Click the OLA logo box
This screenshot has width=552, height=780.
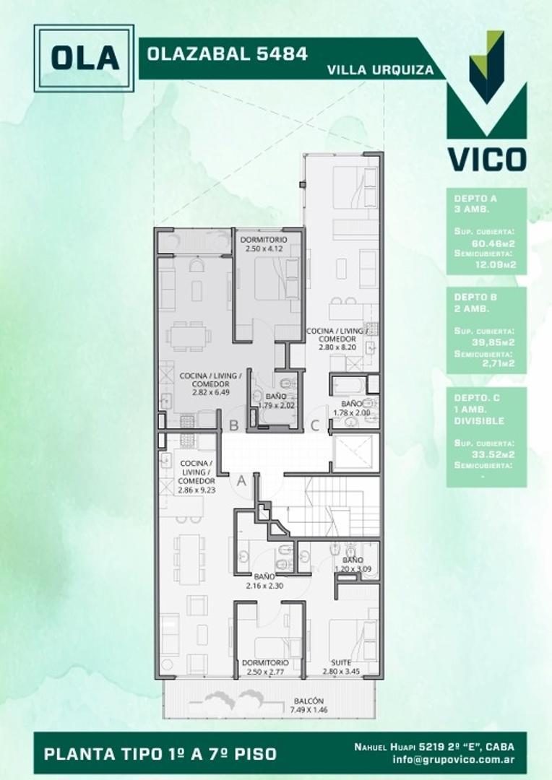84,58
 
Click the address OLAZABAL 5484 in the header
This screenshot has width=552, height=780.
228,53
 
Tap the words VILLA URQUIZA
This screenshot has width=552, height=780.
380,71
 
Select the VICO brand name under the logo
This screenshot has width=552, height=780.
486,159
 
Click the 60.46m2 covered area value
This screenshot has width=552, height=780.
498,243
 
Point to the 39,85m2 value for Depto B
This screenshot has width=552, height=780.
498,342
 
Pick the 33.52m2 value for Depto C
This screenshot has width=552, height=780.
498,454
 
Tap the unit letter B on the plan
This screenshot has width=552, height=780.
233,425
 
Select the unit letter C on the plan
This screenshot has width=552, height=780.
315,425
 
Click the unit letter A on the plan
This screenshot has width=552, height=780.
241,479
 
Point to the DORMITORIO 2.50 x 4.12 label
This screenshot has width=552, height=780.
264,244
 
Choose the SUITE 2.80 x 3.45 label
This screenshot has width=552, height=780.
341,667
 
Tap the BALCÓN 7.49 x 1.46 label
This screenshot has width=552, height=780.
309,706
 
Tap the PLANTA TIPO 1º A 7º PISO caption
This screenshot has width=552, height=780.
160,754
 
